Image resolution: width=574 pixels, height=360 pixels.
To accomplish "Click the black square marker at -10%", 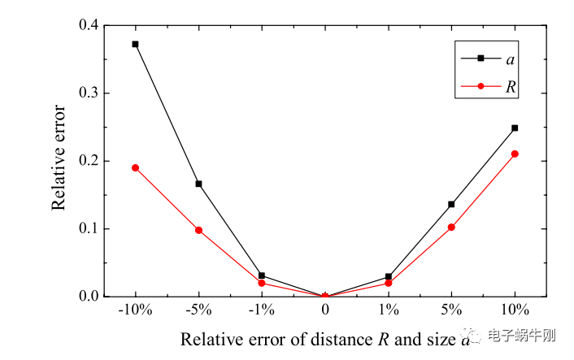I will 135,44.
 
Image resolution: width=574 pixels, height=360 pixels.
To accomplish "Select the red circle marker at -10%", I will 135,167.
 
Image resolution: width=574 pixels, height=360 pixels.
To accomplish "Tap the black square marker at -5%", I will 198,184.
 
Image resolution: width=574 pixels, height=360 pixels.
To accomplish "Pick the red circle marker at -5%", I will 198,230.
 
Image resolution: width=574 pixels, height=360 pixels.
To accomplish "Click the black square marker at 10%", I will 515,128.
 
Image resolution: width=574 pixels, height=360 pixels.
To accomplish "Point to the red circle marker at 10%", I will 515,154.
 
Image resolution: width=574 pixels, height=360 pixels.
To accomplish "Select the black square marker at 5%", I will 451,204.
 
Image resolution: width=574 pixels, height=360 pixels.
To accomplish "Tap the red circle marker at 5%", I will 451,227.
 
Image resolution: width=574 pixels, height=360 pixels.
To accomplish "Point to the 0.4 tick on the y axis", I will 87,26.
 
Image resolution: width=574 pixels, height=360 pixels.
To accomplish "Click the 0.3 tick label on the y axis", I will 87,93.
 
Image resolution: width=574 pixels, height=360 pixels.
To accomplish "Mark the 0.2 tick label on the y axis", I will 87,161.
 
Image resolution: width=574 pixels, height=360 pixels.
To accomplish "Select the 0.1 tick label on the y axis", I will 87,228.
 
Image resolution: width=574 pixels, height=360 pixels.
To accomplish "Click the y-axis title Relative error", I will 59,161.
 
